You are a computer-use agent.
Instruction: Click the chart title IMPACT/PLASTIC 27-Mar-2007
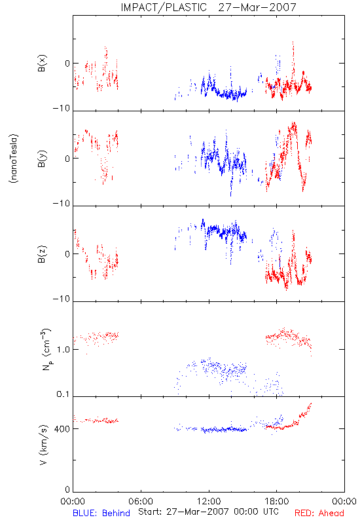208,7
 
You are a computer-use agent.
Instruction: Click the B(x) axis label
42,63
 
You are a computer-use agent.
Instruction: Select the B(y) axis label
42,159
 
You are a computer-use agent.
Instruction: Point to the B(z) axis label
42,254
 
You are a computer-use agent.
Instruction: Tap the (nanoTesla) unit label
14,159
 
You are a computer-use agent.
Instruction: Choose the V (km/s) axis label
43,445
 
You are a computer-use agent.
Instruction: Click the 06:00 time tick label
141,501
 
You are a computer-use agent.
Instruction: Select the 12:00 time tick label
209,501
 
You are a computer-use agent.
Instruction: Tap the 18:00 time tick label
277,501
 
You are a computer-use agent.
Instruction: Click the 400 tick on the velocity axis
62,429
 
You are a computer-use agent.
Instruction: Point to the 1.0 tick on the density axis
63,350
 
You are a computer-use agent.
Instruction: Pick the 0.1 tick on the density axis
63,394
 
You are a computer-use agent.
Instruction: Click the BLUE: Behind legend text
101,513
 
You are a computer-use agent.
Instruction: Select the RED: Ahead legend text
319,513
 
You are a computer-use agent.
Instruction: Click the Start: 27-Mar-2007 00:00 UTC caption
208,512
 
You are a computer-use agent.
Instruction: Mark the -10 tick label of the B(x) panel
62,108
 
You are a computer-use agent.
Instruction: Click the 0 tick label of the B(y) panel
67,159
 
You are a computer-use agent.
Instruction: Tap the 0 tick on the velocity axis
67,490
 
